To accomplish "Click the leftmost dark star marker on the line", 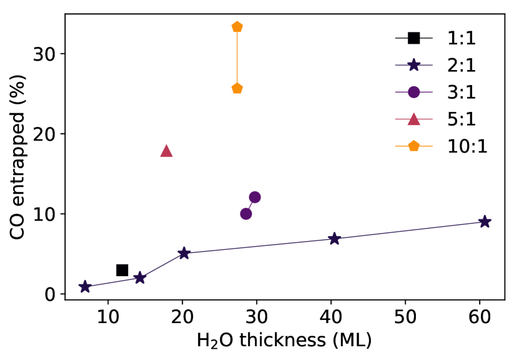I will click(x=85, y=287).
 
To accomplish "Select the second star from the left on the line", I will click(x=140, y=277).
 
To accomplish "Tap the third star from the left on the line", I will click(x=184, y=253).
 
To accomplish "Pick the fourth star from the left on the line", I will click(x=334, y=239).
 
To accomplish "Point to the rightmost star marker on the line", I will click(x=484, y=221).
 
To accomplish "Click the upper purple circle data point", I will click(x=255, y=197).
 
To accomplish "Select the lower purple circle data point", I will click(x=246, y=214).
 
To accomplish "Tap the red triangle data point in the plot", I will click(x=166, y=151).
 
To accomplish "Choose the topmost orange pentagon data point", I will click(x=237, y=26).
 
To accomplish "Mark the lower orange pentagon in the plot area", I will click(x=237, y=88).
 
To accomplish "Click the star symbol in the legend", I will click(x=413, y=65).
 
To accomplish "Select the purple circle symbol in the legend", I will click(x=413, y=92).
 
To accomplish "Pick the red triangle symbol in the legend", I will click(x=413, y=119).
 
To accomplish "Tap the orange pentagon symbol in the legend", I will click(x=413, y=146).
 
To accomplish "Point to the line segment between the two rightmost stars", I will click(x=409, y=230).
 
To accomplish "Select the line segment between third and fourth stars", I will click(x=259, y=246).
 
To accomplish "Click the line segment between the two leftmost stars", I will click(x=112, y=282).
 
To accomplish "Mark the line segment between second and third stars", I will click(x=162, y=266).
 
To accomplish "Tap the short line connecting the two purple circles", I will click(x=250, y=206).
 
